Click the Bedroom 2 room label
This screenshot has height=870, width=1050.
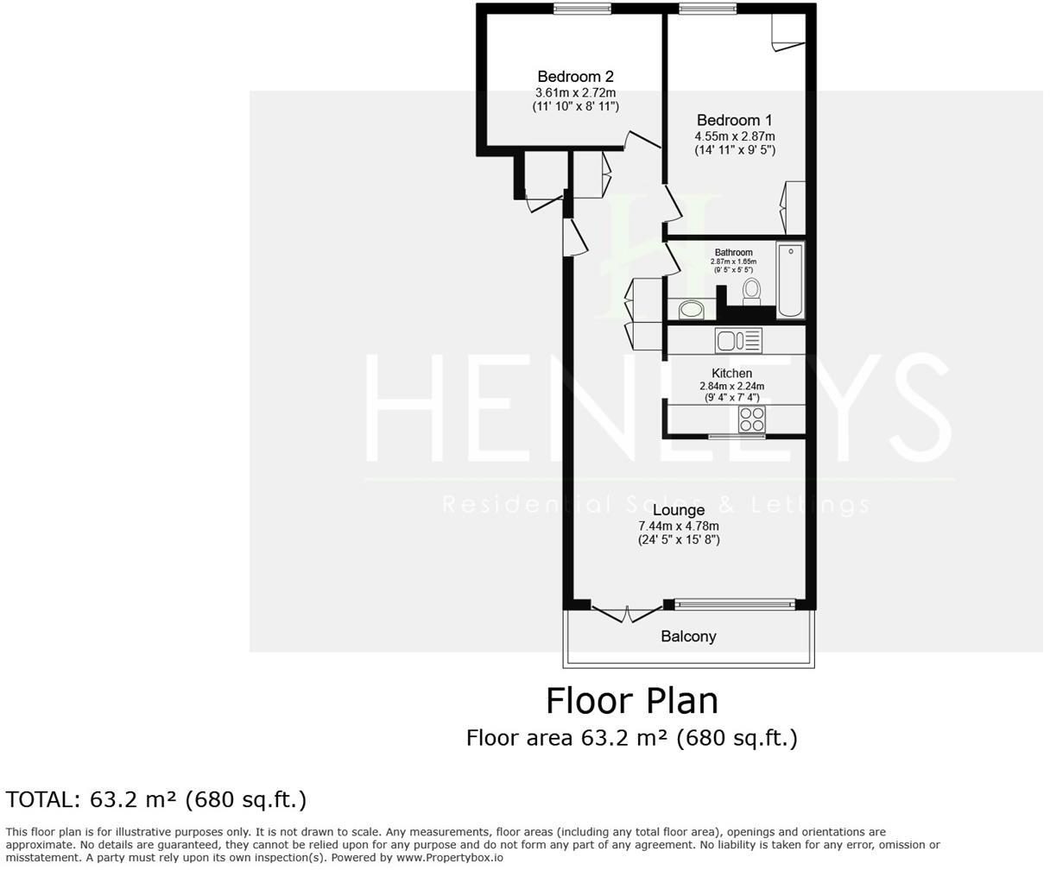point(575,77)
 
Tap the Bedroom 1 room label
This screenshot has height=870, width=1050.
point(734,121)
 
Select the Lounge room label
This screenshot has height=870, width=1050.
point(678,510)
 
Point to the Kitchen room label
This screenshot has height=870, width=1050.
point(731,373)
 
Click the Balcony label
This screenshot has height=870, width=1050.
point(688,637)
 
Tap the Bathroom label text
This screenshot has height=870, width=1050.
point(733,253)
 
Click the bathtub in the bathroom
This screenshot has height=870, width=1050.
point(790,281)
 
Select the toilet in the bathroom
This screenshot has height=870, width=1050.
point(751,291)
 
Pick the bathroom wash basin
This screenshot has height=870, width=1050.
point(690,309)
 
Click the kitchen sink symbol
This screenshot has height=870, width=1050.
point(738,341)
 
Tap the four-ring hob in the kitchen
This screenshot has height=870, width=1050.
point(751,419)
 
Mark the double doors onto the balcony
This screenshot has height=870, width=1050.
point(628,612)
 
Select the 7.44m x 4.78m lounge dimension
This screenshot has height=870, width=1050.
point(678,526)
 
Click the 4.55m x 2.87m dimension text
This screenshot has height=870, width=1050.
point(734,136)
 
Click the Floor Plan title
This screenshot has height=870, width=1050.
point(631,700)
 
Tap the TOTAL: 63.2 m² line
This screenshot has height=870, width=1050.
point(156,800)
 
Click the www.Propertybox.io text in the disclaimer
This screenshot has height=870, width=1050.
point(449,858)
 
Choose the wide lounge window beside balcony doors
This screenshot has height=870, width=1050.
point(734,604)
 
